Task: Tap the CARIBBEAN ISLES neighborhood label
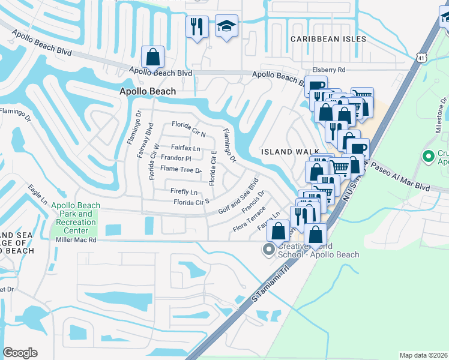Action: (328, 39)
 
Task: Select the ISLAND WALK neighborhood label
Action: (285, 152)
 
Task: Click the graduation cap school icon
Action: (226, 26)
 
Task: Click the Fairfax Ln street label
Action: (185, 148)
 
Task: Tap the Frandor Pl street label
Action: (176, 158)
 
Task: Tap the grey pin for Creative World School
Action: (269, 249)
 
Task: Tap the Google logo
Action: (20, 352)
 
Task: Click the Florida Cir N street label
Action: (188, 127)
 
